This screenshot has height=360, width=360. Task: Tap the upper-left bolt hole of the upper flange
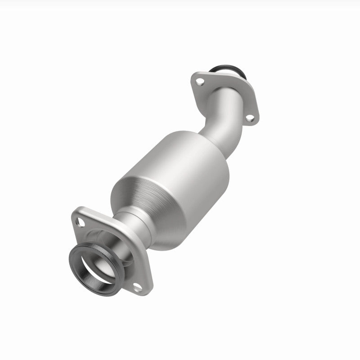click(x=201, y=82)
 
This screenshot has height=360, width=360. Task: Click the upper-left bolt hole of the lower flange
click(x=81, y=221)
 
